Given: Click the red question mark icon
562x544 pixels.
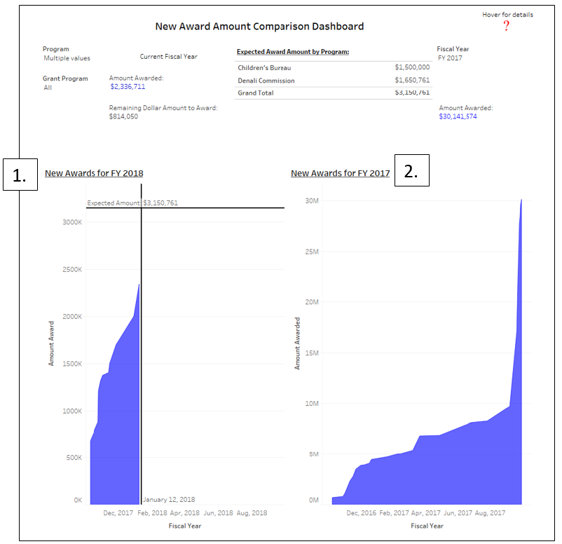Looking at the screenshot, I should point(506,26).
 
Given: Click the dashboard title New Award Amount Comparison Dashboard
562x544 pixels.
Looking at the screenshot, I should point(259,27).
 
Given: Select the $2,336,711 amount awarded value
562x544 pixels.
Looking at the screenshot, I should point(128,87).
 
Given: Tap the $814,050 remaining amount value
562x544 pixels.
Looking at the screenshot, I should point(123,116).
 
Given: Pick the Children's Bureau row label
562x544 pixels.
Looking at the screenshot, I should point(264,67).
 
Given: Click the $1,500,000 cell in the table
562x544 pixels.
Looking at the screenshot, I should point(412,67).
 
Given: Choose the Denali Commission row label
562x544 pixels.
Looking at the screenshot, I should point(266,81).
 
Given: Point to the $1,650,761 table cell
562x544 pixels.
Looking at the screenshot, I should point(412,81).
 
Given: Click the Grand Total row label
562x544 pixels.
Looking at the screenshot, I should point(256,93).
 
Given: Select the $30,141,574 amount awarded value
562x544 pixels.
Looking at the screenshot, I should point(458,116).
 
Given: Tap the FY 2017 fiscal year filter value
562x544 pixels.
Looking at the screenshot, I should point(449,58).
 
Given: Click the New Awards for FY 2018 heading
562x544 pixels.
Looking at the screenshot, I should point(94,173).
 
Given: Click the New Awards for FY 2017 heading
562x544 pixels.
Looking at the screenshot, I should point(340,173).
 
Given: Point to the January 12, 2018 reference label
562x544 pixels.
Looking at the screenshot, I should point(169,500).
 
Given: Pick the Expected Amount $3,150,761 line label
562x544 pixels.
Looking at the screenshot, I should point(132,203).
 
